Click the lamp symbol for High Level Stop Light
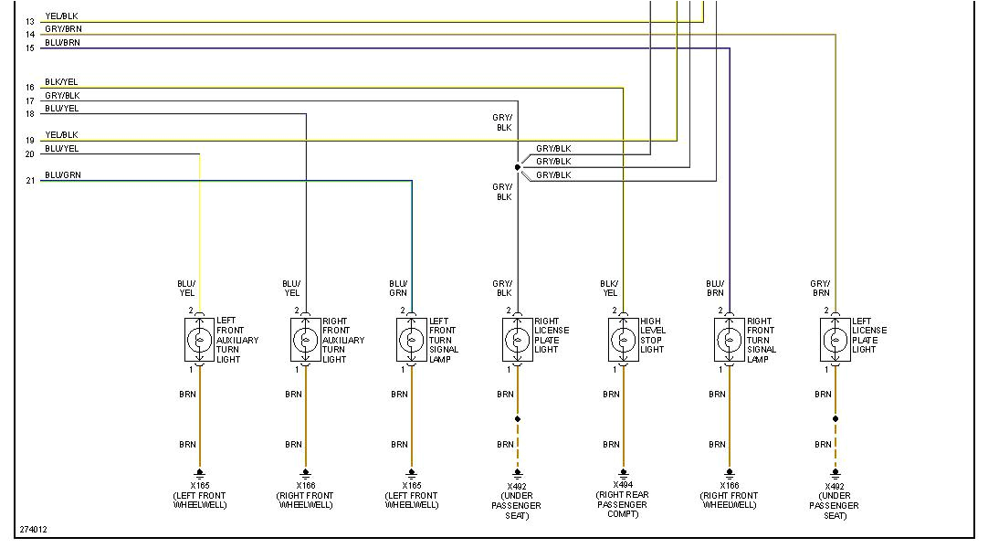(624, 340)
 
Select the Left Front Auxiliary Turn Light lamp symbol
(200, 340)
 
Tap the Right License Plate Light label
(552, 335)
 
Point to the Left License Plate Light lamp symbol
(836, 340)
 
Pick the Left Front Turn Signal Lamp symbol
(412, 340)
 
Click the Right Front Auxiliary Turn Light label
(342, 340)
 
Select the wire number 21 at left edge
(30, 181)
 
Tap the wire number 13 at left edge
(30, 21)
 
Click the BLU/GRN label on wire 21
(62, 174)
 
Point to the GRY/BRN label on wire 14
(62, 29)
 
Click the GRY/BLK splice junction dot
(518, 167)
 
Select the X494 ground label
(624, 485)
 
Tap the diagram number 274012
(33, 529)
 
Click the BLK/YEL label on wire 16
(61, 82)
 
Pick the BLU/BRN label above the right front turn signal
(715, 288)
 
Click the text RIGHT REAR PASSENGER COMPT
(624, 504)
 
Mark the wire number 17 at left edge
(30, 101)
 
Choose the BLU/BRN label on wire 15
(62, 42)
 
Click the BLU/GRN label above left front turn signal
(398, 288)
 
